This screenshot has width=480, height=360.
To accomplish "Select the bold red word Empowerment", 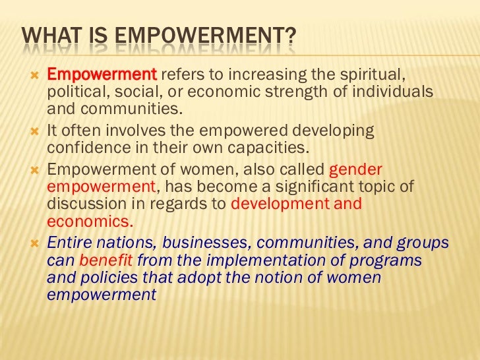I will point(102,73).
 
